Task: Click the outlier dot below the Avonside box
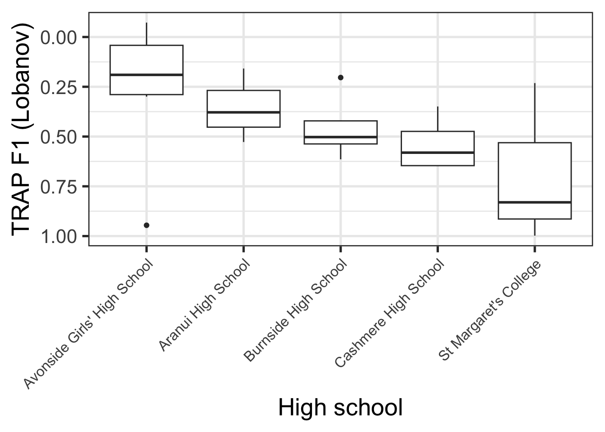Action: [146, 225]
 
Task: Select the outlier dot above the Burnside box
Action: [341, 77]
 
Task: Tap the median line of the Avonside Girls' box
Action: [146, 75]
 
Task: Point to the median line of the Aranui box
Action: [244, 112]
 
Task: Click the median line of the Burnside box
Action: [341, 137]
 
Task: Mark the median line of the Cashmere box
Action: [438, 153]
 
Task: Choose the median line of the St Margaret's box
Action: [535, 202]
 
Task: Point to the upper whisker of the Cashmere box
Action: [438, 119]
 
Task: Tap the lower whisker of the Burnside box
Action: [341, 152]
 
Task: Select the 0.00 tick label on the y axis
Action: [59, 37]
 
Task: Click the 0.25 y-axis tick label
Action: [59, 87]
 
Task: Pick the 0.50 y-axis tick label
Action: [59, 137]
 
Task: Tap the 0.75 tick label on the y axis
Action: [59, 186]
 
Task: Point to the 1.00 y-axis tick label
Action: [59, 236]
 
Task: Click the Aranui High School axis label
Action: [205, 306]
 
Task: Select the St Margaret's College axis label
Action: [490, 310]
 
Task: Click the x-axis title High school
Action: [340, 408]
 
